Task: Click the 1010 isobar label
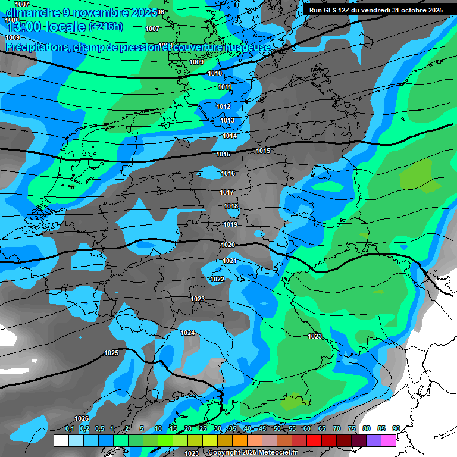[215, 73]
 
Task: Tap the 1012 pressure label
[223, 107]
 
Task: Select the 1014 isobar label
[230, 136]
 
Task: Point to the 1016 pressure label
[228, 173]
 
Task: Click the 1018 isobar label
[231, 206]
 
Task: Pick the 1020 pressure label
[228, 245]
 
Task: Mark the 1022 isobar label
[217, 279]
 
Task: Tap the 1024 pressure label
[187, 333]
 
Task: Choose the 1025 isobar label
[111, 353]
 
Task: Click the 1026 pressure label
[82, 418]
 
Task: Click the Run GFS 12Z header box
[375, 10]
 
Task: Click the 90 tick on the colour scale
[396, 428]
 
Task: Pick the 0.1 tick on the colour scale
[69, 428]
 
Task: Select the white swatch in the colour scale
[61, 440]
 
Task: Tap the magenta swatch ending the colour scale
[389, 440]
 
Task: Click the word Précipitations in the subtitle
[36, 47]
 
